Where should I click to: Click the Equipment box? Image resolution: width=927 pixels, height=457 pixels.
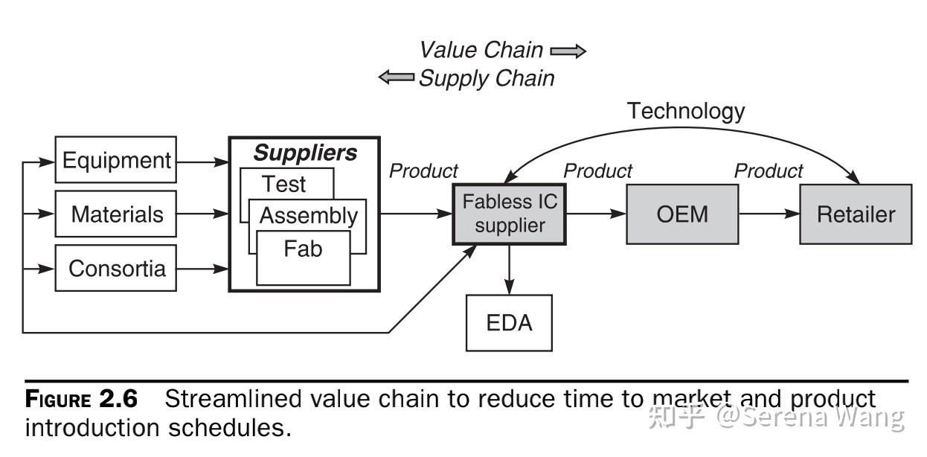point(116,159)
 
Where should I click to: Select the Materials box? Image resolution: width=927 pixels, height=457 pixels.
point(116,214)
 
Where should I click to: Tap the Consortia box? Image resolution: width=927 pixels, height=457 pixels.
point(116,268)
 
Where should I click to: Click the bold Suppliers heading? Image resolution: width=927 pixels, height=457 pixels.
point(305,153)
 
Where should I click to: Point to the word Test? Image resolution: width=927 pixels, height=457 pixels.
point(283,184)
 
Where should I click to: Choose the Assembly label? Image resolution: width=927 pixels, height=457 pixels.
point(309,216)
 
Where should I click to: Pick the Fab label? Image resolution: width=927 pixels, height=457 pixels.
point(303,249)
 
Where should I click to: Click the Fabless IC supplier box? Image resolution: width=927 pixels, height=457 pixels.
point(510,214)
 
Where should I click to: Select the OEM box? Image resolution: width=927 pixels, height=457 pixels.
point(682,214)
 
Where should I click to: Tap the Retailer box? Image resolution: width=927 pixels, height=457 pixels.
point(856,214)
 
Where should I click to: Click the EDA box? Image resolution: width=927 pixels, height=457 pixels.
point(509,323)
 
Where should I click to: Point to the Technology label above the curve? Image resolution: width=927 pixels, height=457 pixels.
point(686,111)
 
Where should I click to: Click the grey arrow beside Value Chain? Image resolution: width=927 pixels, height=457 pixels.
point(568,51)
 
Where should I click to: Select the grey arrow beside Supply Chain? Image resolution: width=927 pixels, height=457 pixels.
point(397,77)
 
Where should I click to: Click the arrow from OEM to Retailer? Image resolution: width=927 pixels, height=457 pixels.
point(769,214)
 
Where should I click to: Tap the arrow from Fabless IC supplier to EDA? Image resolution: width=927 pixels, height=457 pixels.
point(510,269)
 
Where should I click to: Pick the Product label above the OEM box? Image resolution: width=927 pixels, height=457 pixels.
point(597,171)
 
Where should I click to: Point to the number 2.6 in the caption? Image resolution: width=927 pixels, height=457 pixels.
point(118,399)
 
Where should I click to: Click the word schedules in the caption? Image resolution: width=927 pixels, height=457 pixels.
point(230,428)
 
